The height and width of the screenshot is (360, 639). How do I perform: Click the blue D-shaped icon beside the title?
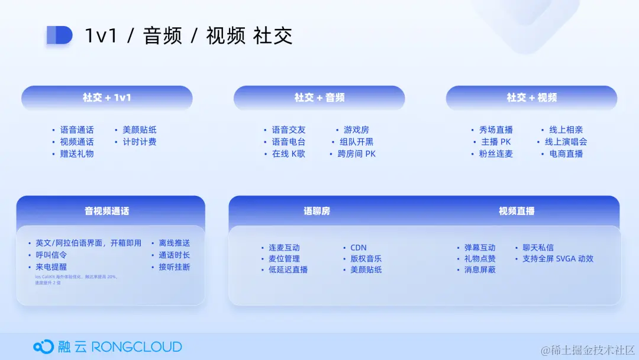(x=59, y=36)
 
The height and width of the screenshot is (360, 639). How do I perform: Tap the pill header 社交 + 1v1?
(x=107, y=98)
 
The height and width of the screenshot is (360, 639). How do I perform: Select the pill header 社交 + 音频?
(x=319, y=98)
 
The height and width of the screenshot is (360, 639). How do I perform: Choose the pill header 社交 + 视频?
(x=531, y=98)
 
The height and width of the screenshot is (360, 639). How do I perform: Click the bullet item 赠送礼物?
(x=77, y=154)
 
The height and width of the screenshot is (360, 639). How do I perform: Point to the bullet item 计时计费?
(x=140, y=142)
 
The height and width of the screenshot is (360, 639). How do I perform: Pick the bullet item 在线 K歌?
(x=289, y=154)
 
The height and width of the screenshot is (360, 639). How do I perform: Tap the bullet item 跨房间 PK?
(x=357, y=154)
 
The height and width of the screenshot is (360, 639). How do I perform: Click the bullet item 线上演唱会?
(x=566, y=142)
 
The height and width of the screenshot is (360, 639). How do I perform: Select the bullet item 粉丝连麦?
(x=496, y=154)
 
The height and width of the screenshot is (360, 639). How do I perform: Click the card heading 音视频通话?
(x=107, y=211)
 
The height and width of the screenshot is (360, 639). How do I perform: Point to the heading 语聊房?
(x=317, y=211)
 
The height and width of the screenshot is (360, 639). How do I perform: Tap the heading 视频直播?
(x=517, y=211)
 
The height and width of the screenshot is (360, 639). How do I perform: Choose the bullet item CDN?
(x=359, y=247)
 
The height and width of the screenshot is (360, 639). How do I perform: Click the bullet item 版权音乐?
(x=366, y=259)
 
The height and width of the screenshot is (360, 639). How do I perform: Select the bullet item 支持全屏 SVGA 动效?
(x=558, y=259)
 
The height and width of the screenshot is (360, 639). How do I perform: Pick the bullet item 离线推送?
(x=175, y=243)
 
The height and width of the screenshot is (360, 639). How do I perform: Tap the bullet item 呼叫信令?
(x=51, y=255)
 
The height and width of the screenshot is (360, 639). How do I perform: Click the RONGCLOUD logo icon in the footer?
(x=43, y=346)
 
